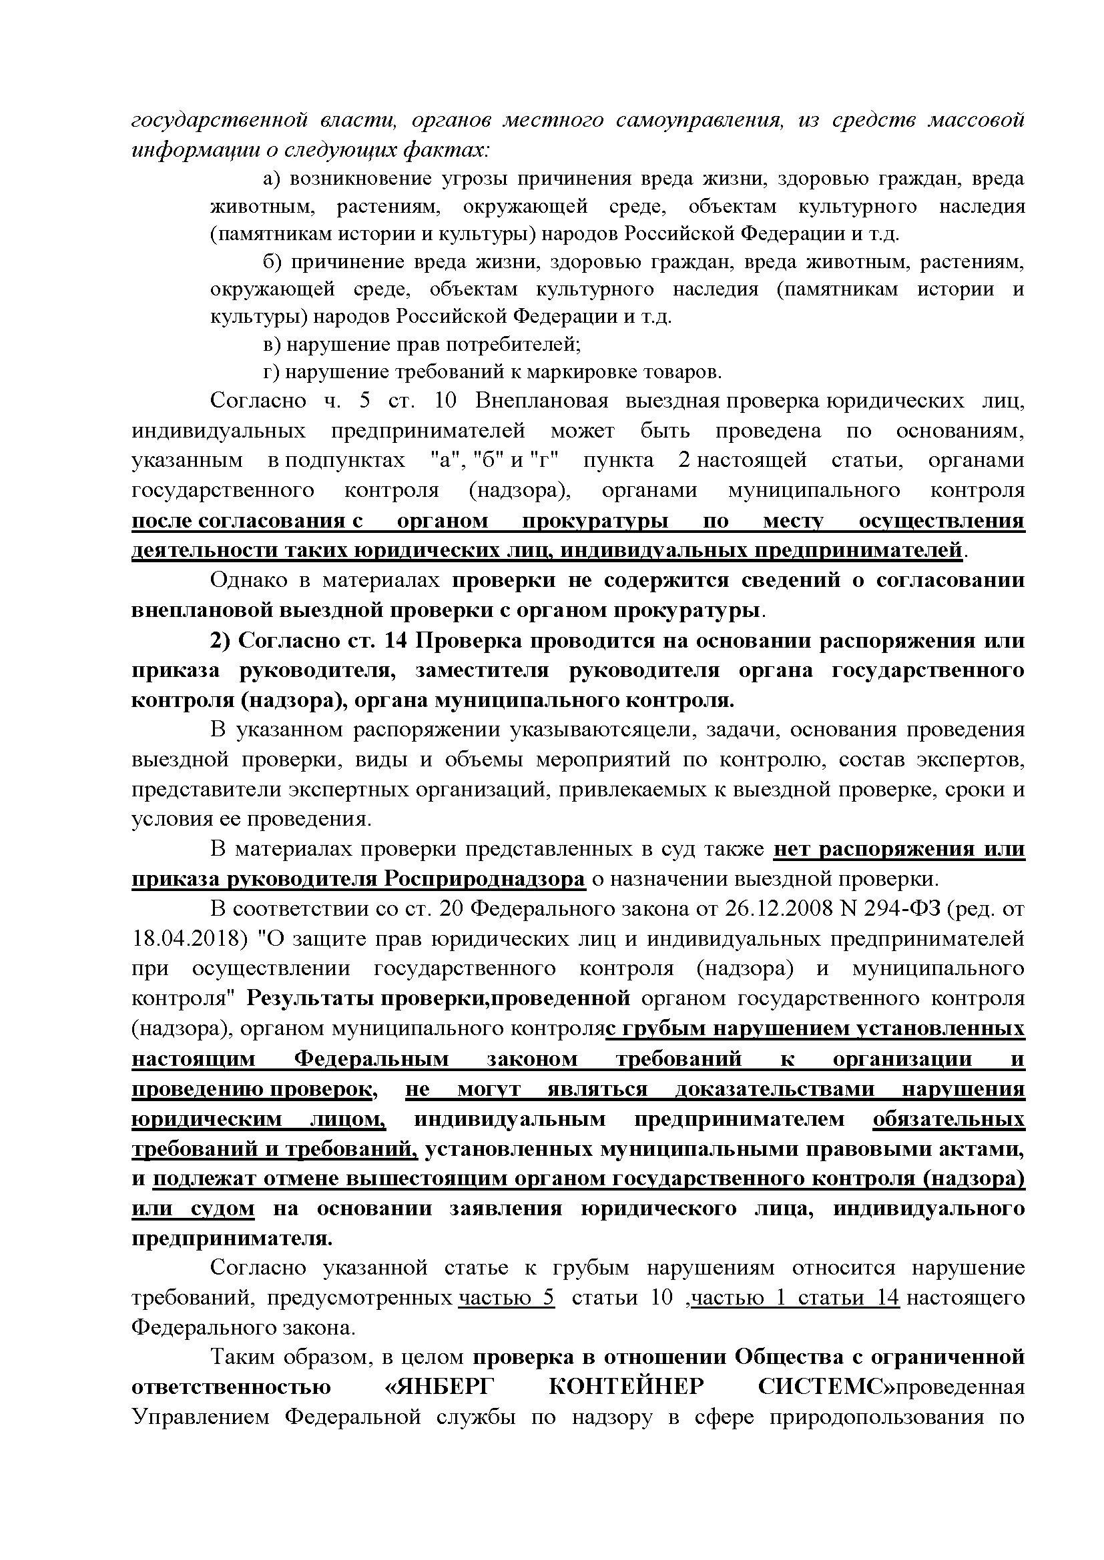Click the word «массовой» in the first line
pyautogui.click(x=977, y=121)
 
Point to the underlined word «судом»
pyautogui.click(x=222, y=1208)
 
